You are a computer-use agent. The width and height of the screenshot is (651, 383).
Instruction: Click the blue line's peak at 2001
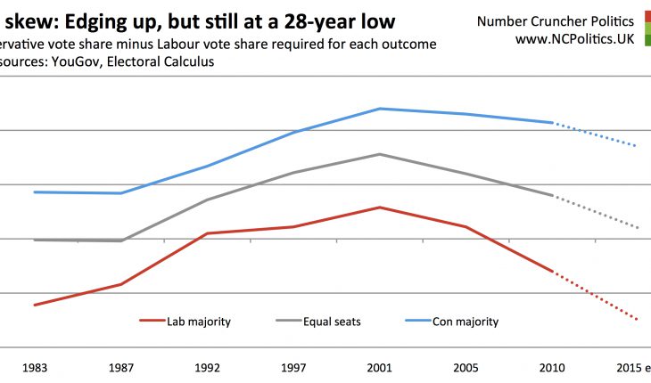[x=380, y=109]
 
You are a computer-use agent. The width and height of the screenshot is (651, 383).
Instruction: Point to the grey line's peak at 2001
[x=380, y=154]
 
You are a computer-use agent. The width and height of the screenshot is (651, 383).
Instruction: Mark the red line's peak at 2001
[x=380, y=208]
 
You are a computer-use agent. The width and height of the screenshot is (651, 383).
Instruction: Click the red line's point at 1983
[x=34, y=306]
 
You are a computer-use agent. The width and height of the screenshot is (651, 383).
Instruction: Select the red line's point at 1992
[x=207, y=233]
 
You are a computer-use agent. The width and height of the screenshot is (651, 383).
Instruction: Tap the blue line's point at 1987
[x=120, y=193]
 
